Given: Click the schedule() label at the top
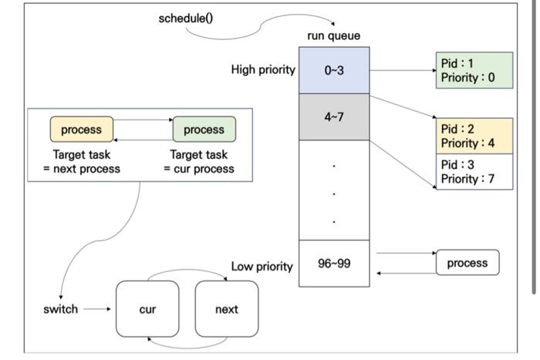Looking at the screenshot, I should [x=185, y=19].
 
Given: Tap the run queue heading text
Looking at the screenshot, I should [x=333, y=35].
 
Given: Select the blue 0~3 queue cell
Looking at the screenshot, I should [x=334, y=70].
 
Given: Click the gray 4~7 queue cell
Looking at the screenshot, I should [x=334, y=117].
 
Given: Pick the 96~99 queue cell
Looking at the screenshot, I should [x=334, y=263].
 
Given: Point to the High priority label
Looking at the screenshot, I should [x=263, y=70].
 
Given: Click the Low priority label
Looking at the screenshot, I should [x=262, y=267].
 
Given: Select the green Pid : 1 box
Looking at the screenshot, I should [x=474, y=70].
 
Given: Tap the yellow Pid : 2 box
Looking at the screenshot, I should [x=474, y=136].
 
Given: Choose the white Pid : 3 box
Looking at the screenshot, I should [x=474, y=171].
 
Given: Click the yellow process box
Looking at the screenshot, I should [x=82, y=130].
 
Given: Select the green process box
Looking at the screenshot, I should [x=204, y=130].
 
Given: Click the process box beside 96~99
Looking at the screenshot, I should [x=467, y=263].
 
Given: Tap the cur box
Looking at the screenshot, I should [x=147, y=309].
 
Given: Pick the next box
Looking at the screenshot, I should [x=227, y=309].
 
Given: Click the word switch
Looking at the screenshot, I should [x=60, y=309].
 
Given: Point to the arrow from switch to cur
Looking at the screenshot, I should [x=97, y=309].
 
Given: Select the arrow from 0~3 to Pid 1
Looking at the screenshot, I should [x=402, y=70].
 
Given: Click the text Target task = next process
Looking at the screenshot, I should [x=82, y=162].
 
